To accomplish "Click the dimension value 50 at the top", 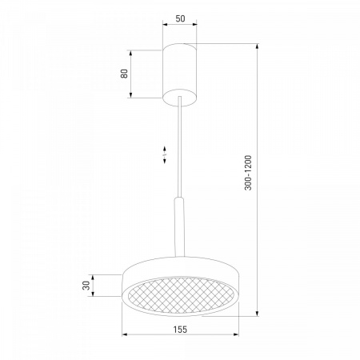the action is (x=180, y=18).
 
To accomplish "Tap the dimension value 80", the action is (x=124, y=74).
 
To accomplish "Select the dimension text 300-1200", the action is (x=248, y=173).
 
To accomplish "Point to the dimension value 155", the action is (x=180, y=330).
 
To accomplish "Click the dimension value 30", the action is (x=86, y=286).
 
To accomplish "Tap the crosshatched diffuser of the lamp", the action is (x=181, y=295).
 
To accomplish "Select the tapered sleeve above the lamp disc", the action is (x=179, y=227).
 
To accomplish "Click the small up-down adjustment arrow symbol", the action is (x=165, y=154).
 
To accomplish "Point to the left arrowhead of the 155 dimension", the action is (x=124, y=334).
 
